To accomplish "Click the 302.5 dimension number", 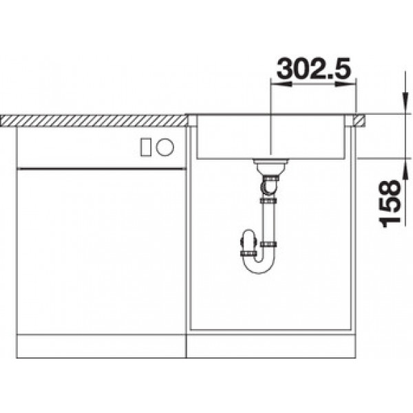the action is click(x=313, y=68).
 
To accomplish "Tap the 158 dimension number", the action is click(x=390, y=204).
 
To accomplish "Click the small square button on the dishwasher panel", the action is click(x=146, y=147).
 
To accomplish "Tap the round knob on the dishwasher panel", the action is click(x=165, y=147).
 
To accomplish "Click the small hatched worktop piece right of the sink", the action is click(x=360, y=121).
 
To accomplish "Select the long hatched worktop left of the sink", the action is click(x=94, y=121).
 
